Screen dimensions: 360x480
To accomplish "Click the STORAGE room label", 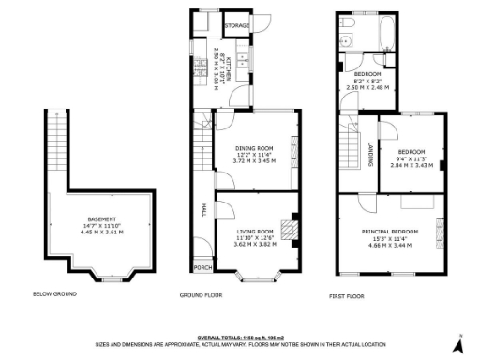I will coord(237,25).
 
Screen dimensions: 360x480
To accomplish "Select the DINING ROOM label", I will coord(253,148).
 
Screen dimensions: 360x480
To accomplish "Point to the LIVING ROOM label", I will coord(254,231).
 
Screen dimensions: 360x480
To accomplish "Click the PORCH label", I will coord(202,267).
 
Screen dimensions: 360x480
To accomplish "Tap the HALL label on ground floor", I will coord(203,210).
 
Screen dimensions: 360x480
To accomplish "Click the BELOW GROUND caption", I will coord(54,294).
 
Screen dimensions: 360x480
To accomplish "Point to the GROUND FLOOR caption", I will coord(201,294).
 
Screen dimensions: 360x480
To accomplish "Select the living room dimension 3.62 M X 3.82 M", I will coord(254,244).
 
